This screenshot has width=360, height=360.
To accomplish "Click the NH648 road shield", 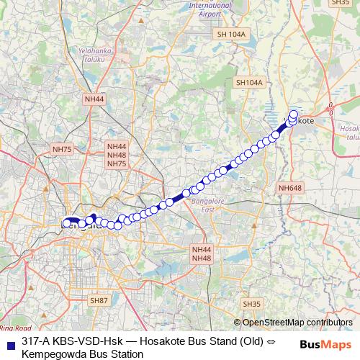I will (x=290, y=188).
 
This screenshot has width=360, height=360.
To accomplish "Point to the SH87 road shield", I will (x=98, y=299).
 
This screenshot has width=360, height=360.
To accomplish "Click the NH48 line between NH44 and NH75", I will (x=117, y=155).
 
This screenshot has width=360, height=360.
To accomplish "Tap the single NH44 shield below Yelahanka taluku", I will (x=94, y=99).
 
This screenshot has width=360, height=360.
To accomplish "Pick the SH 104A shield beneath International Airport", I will (x=231, y=34).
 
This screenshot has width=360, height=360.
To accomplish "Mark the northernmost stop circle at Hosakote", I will (x=294, y=114).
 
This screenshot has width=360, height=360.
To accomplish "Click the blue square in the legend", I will (x=9, y=343).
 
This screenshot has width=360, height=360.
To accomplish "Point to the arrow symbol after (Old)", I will (x=264, y=342).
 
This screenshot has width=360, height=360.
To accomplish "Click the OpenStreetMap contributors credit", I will (x=297, y=323).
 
